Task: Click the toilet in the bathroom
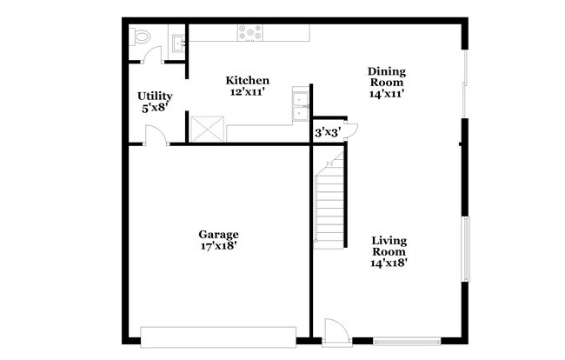141,37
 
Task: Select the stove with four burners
250,32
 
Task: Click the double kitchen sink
299,103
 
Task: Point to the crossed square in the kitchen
207,129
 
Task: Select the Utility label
155,96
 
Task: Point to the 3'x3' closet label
326,132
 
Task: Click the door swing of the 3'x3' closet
349,130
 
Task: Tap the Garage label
218,234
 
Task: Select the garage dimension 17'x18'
218,246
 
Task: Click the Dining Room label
387,77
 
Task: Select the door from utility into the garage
155,136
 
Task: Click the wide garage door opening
217,335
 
